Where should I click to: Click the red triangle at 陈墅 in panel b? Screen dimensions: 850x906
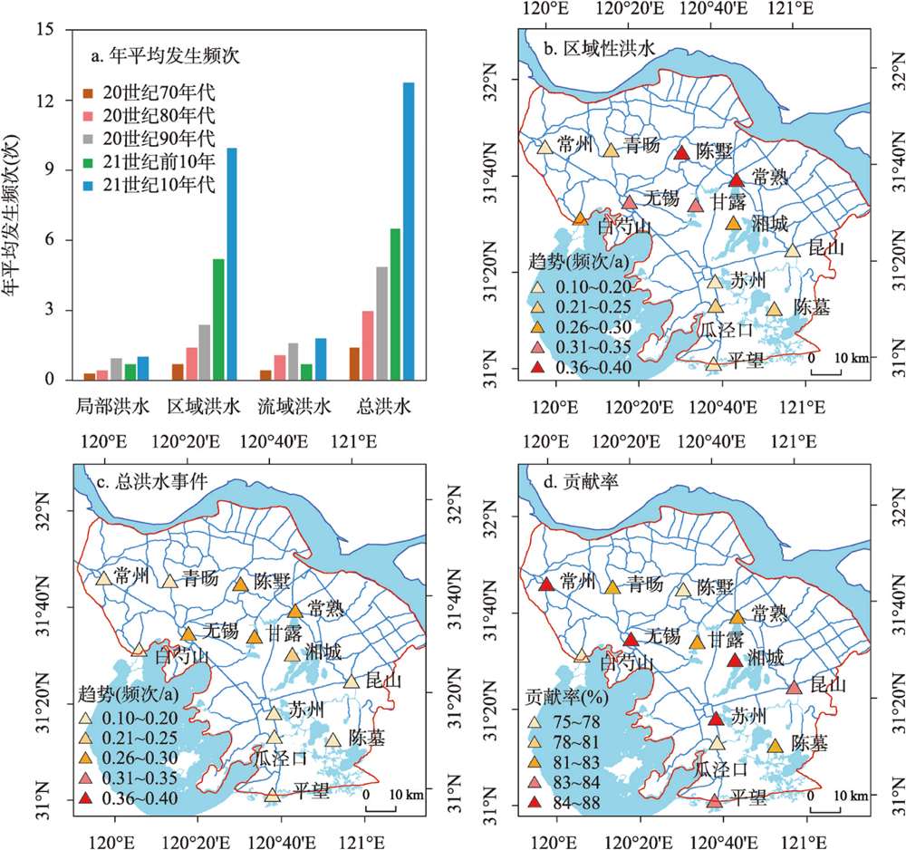tap(682, 153)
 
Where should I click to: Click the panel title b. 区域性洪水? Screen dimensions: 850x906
tap(590, 46)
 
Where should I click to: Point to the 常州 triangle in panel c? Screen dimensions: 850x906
tap(103, 578)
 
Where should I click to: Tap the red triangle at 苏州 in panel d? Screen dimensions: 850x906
tap(715, 719)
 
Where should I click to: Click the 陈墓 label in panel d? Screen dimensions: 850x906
tap(811, 742)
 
